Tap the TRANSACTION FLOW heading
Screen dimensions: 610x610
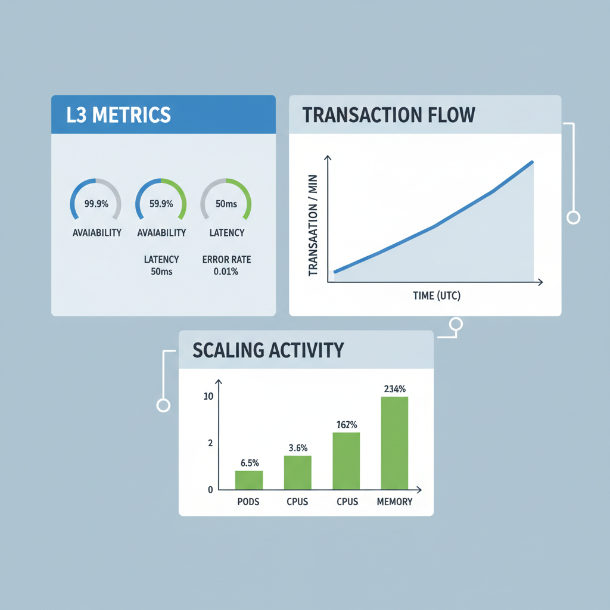tap(389, 114)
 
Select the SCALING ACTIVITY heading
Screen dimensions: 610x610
tap(268, 350)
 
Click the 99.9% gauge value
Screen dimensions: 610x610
tap(96, 204)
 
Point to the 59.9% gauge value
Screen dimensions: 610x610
tap(161, 204)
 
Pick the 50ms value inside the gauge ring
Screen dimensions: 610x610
tap(226, 204)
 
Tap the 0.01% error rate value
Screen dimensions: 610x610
tap(226, 272)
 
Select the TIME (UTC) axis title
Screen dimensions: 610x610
tap(437, 295)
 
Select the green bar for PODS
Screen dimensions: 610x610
tap(248, 480)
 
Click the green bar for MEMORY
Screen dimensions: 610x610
tap(394, 443)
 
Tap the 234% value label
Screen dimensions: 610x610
tap(394, 389)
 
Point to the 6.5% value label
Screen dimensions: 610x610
tap(248, 463)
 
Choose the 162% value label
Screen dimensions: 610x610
tap(346, 425)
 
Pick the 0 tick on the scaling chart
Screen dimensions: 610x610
tap(210, 490)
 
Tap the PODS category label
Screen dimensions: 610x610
tap(248, 502)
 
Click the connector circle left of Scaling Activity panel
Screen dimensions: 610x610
tap(163, 405)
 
